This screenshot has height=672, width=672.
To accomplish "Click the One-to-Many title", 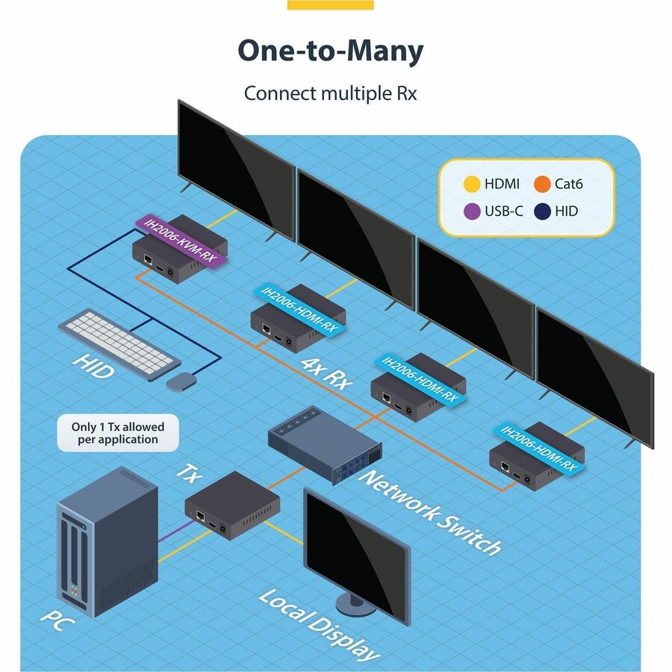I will (x=330, y=51).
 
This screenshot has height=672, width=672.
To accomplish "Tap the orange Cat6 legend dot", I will (x=542, y=183).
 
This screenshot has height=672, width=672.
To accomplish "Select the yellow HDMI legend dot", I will (x=471, y=183).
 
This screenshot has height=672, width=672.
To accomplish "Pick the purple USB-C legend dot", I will (x=471, y=211).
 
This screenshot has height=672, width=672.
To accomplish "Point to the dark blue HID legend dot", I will (x=542, y=211).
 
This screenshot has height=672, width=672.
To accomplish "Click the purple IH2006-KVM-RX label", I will (x=178, y=240).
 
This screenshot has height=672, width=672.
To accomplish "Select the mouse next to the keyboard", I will (x=180, y=381).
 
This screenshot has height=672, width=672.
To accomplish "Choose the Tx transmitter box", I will (x=231, y=505).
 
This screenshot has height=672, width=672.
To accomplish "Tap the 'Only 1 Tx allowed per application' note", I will (x=118, y=433).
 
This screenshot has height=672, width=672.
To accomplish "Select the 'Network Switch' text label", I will (x=429, y=512).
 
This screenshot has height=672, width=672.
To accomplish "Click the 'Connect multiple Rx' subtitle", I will (x=330, y=94).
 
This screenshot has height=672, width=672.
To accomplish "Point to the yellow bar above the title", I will (x=330, y=4).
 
